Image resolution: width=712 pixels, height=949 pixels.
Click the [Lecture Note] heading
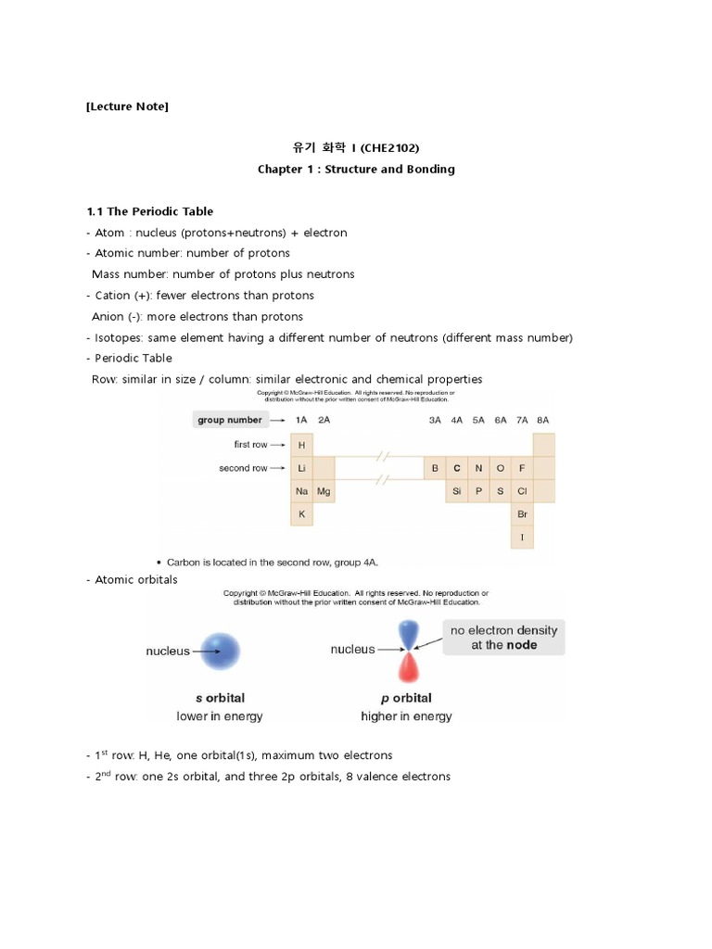tap(127, 107)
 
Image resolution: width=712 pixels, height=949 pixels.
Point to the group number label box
tap(229, 420)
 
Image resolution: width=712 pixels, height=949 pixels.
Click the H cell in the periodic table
tap(301, 445)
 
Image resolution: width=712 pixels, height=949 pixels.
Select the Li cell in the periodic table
tap(301, 468)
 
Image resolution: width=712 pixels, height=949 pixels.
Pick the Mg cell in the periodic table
tap(324, 491)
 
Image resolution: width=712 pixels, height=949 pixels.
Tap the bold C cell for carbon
tap(456, 468)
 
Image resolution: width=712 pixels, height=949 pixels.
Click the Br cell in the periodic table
tap(523, 513)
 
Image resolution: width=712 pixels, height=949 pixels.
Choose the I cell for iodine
tap(523, 537)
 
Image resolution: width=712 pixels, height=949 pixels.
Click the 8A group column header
tap(543, 420)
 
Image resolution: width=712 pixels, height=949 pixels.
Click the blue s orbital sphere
tap(221, 651)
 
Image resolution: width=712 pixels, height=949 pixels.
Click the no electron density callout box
tap(503, 638)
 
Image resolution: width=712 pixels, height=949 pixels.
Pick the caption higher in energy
tap(406, 716)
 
